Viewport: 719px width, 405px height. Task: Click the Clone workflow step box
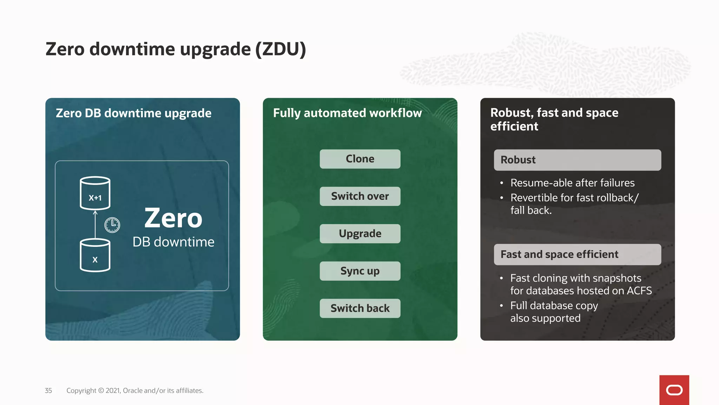click(360, 159)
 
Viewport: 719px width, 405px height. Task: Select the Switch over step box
click(360, 196)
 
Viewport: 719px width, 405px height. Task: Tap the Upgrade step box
click(360, 233)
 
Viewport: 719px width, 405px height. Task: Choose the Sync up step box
click(360, 271)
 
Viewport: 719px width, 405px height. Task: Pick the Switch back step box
click(360, 308)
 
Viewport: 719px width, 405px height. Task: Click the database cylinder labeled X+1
click(95, 193)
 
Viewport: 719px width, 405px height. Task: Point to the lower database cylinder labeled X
click(95, 255)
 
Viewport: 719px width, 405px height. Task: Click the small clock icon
click(112, 225)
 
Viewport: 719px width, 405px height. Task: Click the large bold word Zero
click(173, 218)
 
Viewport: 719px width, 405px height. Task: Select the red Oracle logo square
click(674, 390)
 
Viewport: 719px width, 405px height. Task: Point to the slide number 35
click(48, 391)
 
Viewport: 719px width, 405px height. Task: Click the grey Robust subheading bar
click(577, 160)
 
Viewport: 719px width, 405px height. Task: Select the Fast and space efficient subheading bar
click(577, 255)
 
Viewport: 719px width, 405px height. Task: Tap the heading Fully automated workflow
click(347, 113)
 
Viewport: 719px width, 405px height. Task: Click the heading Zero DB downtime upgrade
click(133, 113)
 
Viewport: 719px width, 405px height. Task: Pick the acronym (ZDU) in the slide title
click(281, 49)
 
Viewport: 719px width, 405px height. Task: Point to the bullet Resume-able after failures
click(572, 183)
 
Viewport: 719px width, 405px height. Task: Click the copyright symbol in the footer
click(101, 391)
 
